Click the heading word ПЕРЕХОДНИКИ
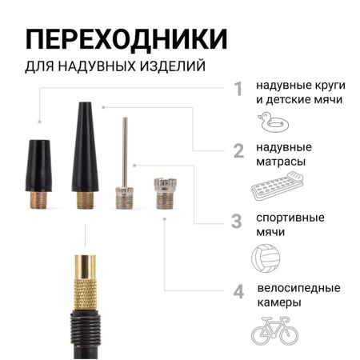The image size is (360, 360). (126, 39)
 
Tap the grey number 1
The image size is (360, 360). (238, 88)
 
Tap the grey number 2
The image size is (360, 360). (238, 151)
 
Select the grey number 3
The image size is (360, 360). (238, 220)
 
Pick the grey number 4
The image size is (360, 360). (238, 291)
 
